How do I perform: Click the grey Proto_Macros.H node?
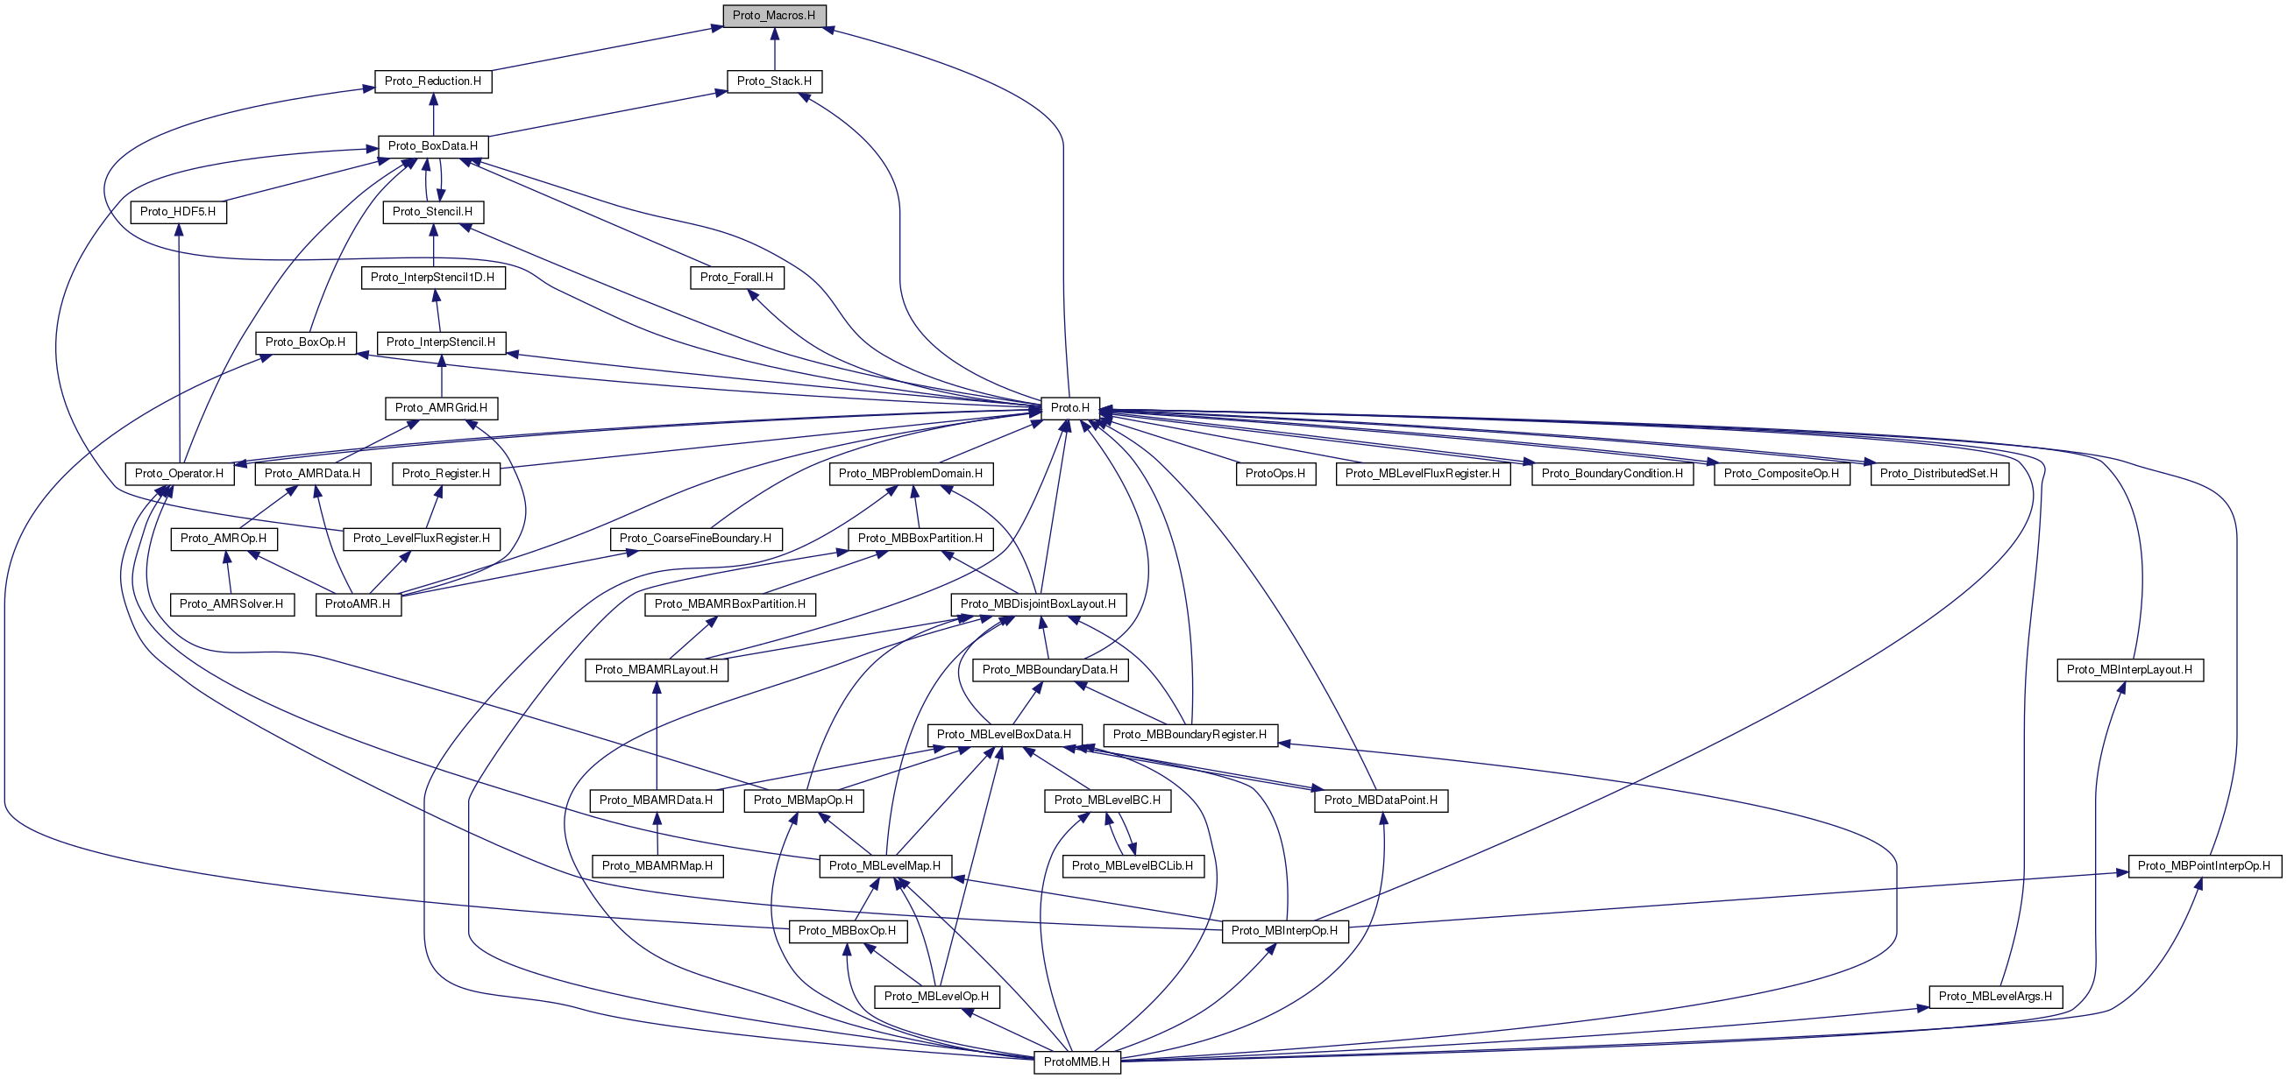pyautogui.click(x=773, y=16)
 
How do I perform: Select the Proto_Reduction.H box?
pyautogui.click(x=432, y=81)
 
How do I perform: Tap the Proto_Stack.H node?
pyautogui.click(x=773, y=81)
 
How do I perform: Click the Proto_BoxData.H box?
pyautogui.click(x=432, y=146)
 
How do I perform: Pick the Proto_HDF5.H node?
pyautogui.click(x=178, y=212)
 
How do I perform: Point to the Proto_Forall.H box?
pyautogui.click(x=736, y=278)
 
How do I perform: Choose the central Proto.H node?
pyautogui.click(x=1069, y=408)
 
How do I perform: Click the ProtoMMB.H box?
pyautogui.click(x=1076, y=1062)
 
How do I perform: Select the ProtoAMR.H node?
pyautogui.click(x=357, y=604)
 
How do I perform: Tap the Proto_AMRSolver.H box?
pyautogui.click(x=231, y=604)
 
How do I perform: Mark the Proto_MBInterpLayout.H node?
pyautogui.click(x=2129, y=670)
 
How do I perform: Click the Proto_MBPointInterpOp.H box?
pyautogui.click(x=2204, y=866)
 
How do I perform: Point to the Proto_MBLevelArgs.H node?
pyautogui.click(x=1995, y=997)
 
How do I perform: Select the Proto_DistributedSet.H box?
pyautogui.click(x=1938, y=474)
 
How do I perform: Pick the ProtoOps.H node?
pyautogui.click(x=1275, y=474)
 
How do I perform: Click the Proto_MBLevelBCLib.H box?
pyautogui.click(x=1132, y=866)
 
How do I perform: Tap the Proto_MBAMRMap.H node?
pyautogui.click(x=657, y=866)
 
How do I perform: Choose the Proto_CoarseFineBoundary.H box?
pyautogui.click(x=695, y=539)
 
